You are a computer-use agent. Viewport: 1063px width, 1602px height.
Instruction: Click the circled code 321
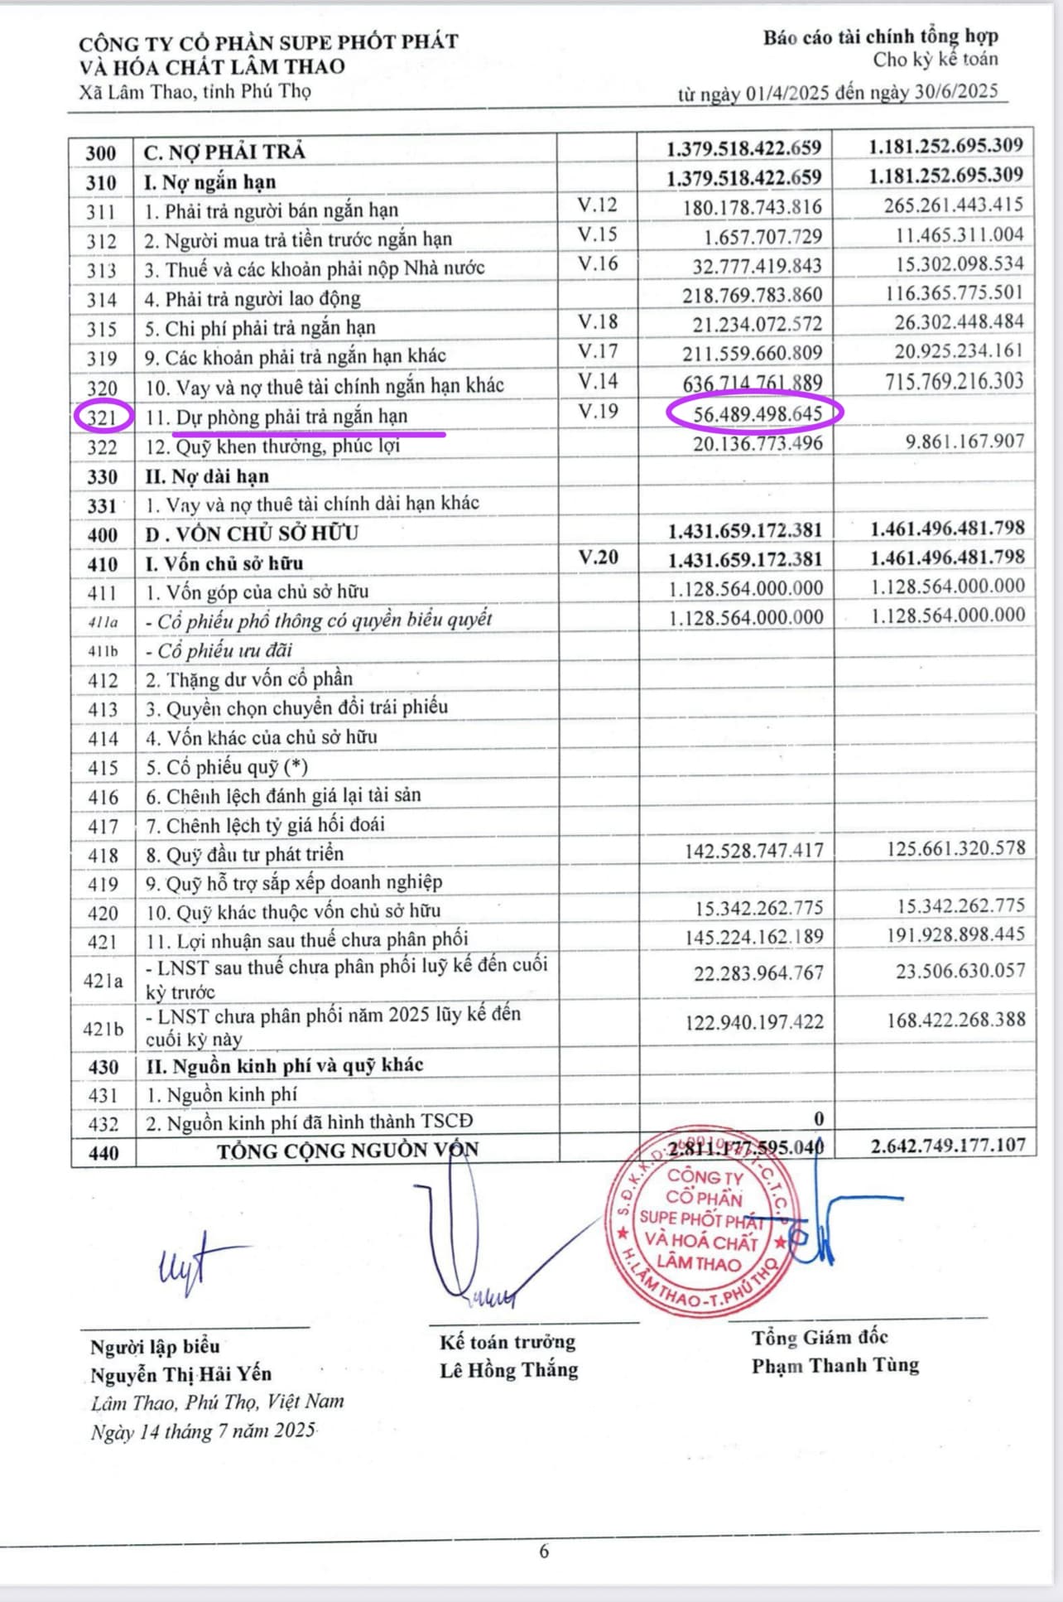[x=102, y=417]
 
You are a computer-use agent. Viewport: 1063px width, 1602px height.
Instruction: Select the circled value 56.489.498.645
[x=758, y=413]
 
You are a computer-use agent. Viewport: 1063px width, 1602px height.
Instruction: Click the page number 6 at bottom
[x=544, y=1551]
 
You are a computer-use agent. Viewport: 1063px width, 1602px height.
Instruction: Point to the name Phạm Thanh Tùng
[x=835, y=1365]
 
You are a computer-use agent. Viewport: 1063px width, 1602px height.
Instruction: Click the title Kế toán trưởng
[x=507, y=1341]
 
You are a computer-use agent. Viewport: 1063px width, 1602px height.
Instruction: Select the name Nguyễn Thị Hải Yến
[x=180, y=1373]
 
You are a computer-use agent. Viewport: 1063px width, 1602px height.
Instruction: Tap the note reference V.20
[x=598, y=557]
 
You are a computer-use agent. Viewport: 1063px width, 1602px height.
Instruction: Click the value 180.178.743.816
[x=752, y=207]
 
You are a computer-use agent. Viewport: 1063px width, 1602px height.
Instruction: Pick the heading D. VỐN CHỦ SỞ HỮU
[x=252, y=533]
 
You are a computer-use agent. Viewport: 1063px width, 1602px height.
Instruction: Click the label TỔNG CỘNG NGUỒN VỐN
[x=348, y=1150]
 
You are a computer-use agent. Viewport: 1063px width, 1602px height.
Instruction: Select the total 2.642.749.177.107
[x=947, y=1146]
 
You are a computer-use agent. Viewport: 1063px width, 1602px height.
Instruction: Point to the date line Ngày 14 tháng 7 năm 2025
[x=203, y=1431]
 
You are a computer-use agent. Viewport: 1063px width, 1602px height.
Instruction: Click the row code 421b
[x=103, y=1028]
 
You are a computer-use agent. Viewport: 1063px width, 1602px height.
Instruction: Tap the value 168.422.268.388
[x=955, y=1020]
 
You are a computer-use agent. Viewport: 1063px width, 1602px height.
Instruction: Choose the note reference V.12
[x=598, y=205]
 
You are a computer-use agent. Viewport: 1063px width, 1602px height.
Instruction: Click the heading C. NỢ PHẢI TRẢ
[x=224, y=152]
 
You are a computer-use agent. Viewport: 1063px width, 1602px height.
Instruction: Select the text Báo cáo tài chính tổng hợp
[x=880, y=36]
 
